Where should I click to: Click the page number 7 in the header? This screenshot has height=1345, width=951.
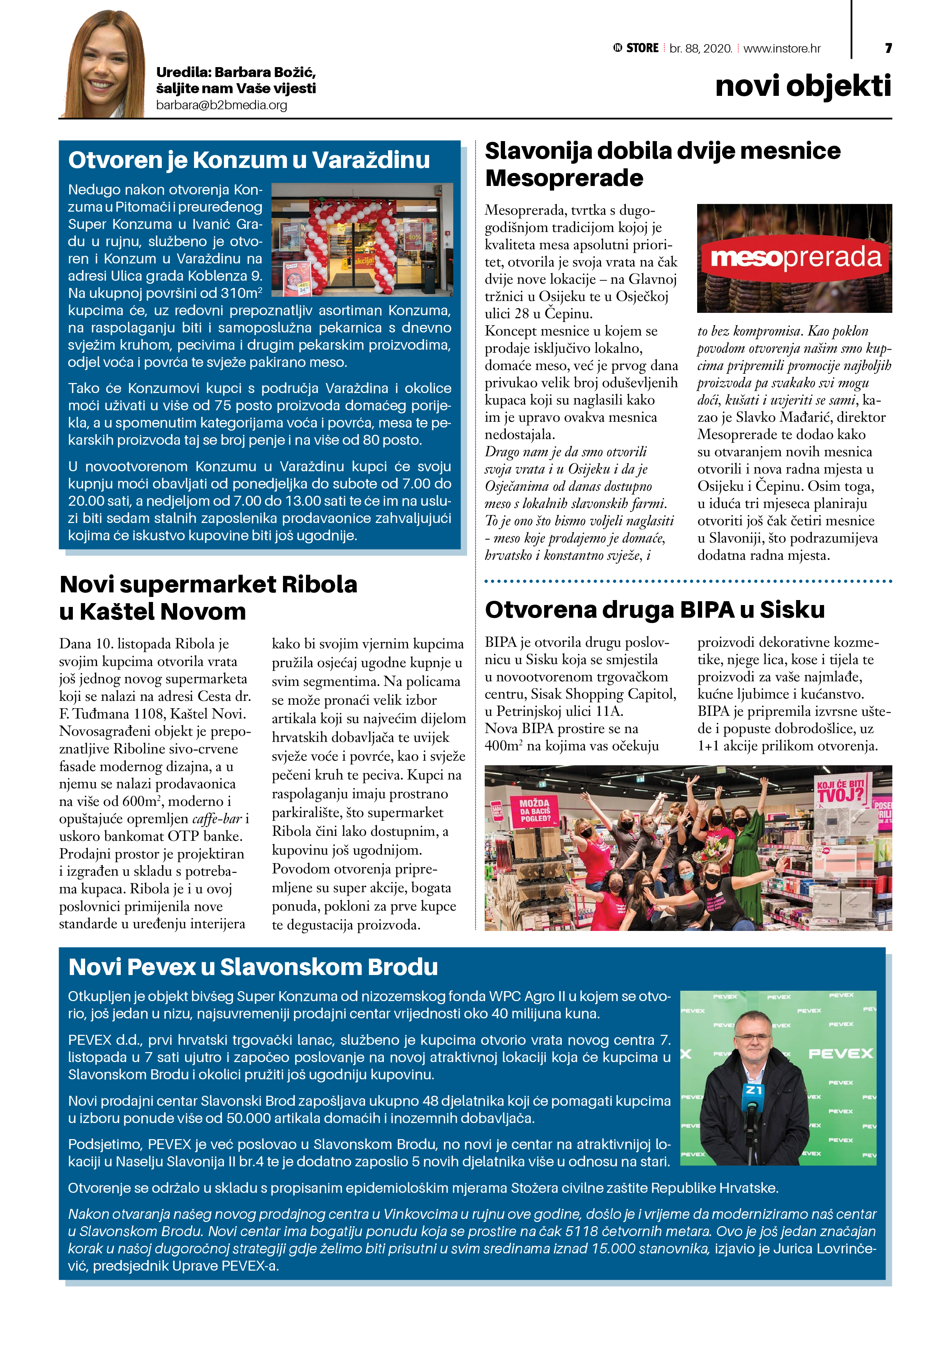click(x=888, y=48)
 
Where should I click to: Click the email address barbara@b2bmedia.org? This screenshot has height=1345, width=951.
click(x=222, y=105)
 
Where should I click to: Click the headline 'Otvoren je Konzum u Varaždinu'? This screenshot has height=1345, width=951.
click(x=249, y=160)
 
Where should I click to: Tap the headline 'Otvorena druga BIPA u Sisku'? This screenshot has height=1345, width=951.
click(x=655, y=610)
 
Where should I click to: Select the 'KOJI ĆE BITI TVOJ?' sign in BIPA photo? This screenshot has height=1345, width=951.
click(x=840, y=790)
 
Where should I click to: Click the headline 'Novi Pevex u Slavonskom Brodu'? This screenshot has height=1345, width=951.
click(x=253, y=967)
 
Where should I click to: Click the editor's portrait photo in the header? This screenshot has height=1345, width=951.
click(x=105, y=64)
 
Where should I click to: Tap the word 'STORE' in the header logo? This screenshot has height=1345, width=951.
click(x=642, y=48)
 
